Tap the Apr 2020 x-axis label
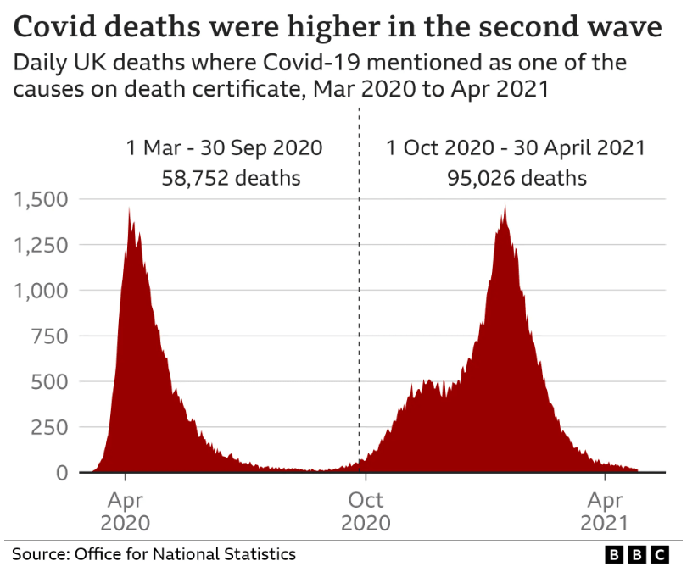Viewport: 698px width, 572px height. click(x=126, y=511)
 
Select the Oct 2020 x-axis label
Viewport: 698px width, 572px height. click(x=366, y=511)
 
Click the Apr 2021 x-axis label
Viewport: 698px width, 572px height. click(x=606, y=511)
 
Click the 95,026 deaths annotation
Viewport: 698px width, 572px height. click(x=517, y=179)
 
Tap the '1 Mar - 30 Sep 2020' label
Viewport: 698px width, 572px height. click(x=225, y=147)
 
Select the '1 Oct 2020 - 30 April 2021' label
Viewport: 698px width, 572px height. click(x=516, y=147)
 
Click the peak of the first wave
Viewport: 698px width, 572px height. click(x=129, y=208)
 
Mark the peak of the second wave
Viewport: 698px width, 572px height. click(x=505, y=204)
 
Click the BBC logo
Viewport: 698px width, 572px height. click(x=637, y=554)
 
